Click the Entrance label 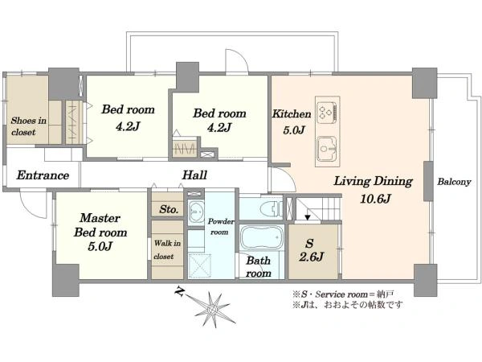[43, 175]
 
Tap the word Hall [194, 175]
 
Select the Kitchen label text [292, 114]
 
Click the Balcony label [454, 182]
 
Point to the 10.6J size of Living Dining [375, 199]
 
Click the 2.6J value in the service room [312, 257]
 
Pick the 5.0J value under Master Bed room [100, 246]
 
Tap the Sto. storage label [169, 209]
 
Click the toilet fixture [272, 209]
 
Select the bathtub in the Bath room [262, 237]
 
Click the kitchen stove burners [328, 110]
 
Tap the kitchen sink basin [328, 150]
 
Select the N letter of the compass [179, 291]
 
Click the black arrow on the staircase [308, 217]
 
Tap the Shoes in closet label [28, 126]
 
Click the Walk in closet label [168, 249]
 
